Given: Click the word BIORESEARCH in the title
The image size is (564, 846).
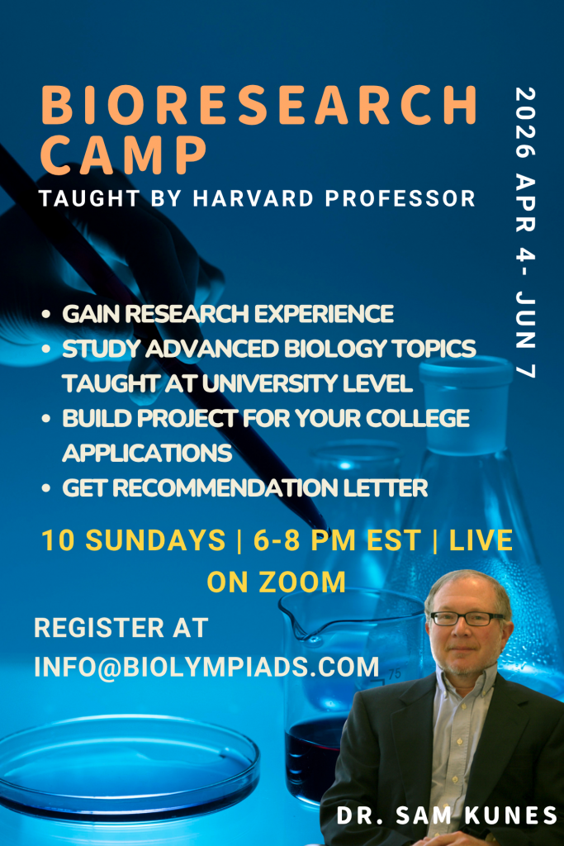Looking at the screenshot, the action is pos(259,105).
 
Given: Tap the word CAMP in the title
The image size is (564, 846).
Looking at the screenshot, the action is pos(124,154).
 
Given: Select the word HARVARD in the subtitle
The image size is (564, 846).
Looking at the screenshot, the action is pos(254,198).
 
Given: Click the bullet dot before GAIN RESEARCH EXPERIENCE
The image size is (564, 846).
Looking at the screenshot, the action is pos(46,314).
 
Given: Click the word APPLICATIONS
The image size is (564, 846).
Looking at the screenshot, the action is pos(147,454).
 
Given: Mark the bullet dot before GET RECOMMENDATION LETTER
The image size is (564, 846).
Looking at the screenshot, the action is pos(46,488).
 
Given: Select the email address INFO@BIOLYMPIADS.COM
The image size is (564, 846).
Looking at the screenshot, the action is pos(207,668).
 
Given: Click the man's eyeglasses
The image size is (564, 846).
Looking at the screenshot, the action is pos(467,618).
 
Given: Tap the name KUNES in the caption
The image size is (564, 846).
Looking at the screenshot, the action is pos(510,815).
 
